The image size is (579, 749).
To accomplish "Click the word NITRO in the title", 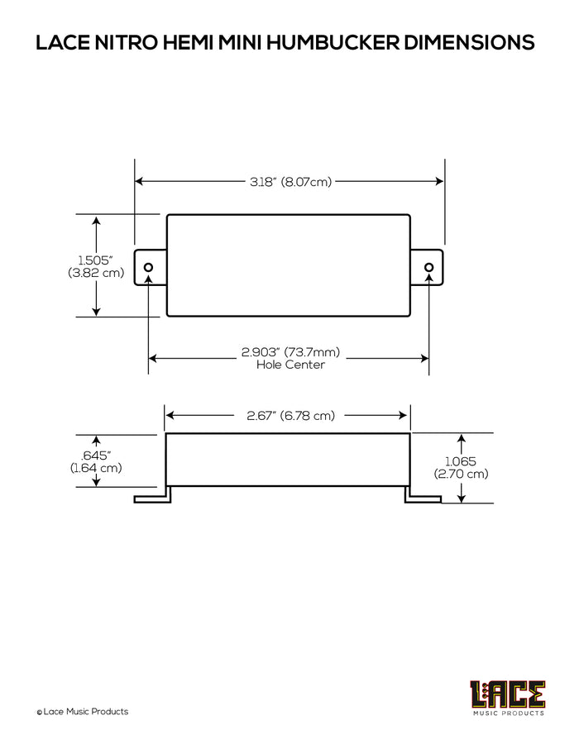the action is tap(127, 42).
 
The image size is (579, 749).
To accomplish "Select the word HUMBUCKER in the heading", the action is tap(333, 42).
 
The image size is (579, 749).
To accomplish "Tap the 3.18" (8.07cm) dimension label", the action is tap(290, 182).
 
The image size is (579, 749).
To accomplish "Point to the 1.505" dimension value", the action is tap(96, 260).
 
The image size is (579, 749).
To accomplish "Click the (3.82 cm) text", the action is tap(96, 273).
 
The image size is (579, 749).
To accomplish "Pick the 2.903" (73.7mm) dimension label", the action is tap(290, 352).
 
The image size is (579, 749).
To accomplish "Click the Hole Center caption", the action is tap(290, 365).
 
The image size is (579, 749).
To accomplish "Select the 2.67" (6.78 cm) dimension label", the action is tap(290, 416).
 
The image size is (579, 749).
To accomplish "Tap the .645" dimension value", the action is tap(96, 456).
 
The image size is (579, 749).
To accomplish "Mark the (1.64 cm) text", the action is tap(96, 468).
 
